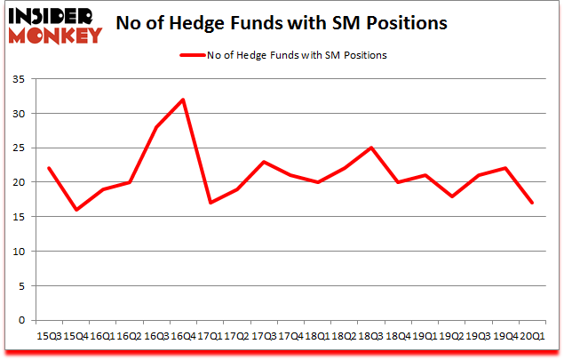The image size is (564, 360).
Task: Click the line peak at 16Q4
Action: [183, 100]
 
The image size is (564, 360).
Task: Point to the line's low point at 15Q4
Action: [75, 210]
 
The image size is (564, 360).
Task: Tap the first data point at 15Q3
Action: [49, 168]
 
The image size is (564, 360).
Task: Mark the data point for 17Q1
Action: [211, 203]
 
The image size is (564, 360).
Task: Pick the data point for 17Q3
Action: [265, 162]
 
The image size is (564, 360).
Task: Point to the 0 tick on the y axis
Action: [24, 320]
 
